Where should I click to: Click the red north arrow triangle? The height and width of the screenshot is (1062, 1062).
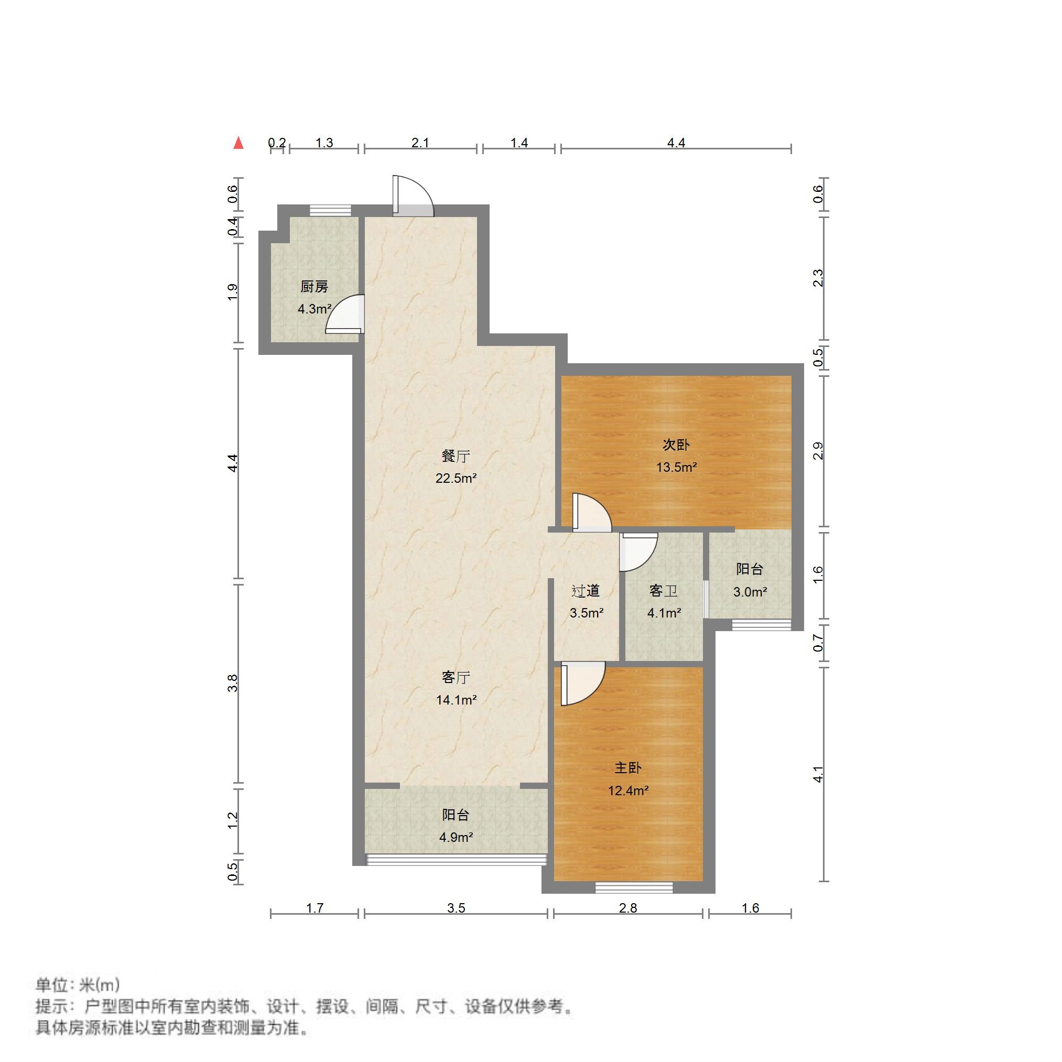[x=238, y=143]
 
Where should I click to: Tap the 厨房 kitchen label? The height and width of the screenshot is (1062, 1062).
[x=314, y=286]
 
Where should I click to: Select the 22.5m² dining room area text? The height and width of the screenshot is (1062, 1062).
[x=456, y=478]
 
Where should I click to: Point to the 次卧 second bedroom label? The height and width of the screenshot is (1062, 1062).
[x=676, y=445]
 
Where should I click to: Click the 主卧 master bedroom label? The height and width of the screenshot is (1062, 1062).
[x=628, y=768]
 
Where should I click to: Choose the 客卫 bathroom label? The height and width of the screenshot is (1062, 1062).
[x=663, y=591]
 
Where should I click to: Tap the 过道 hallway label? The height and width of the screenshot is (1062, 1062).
[x=586, y=591]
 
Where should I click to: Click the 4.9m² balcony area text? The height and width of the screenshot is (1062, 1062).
[x=456, y=838]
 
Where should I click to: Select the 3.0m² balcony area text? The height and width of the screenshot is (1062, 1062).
[x=750, y=592]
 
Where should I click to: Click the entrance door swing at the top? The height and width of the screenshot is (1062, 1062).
[x=414, y=197]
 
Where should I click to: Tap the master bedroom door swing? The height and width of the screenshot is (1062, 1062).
[x=581, y=682]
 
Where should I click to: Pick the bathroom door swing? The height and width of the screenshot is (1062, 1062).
[x=637, y=552]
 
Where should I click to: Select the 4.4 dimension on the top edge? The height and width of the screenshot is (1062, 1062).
[x=676, y=143]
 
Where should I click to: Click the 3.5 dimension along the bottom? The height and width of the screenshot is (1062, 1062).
[x=456, y=907]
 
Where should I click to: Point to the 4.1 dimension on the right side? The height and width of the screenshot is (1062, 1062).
[x=818, y=775]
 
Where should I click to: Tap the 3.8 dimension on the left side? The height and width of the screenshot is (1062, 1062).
[x=233, y=682]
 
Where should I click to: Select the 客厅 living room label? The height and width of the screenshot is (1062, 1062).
[x=456, y=678]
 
